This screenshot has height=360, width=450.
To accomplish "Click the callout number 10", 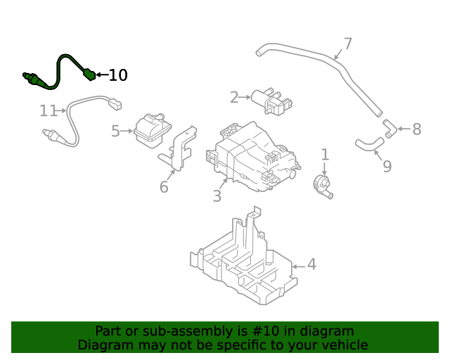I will (x=118, y=75).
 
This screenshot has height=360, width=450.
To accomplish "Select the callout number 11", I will (x=48, y=110).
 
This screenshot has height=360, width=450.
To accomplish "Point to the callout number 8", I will (x=416, y=129).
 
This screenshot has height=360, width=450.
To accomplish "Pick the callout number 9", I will (x=386, y=166).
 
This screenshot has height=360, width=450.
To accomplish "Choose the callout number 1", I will (x=325, y=154).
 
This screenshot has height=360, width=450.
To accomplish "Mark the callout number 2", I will (x=234, y=97).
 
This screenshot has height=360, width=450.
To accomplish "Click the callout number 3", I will (x=217, y=196).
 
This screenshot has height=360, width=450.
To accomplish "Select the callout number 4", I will (x=311, y=264).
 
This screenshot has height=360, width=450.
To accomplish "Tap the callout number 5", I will (x=116, y=130).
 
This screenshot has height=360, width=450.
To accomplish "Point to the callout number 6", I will (x=164, y=187).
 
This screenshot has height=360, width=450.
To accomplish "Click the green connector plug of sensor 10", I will (x=88, y=72).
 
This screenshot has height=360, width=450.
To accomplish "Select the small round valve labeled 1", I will (x=323, y=186).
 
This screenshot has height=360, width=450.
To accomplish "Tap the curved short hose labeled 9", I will (x=368, y=144).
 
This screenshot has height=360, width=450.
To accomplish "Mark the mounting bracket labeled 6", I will (x=183, y=148).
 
